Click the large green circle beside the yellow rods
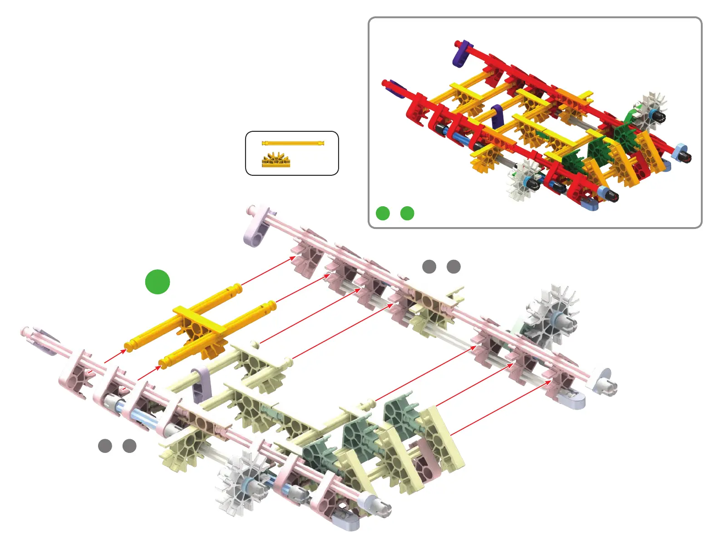(x=158, y=282)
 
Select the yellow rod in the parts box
(x=293, y=143)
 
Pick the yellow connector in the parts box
(x=276, y=160)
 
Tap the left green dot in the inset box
(x=383, y=213)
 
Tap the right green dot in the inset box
(x=407, y=213)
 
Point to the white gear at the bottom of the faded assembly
(x=241, y=484)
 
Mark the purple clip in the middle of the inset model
(x=497, y=116)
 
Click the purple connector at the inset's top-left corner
(x=462, y=54)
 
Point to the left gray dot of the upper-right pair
(x=429, y=267)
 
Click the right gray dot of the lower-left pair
(x=129, y=446)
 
